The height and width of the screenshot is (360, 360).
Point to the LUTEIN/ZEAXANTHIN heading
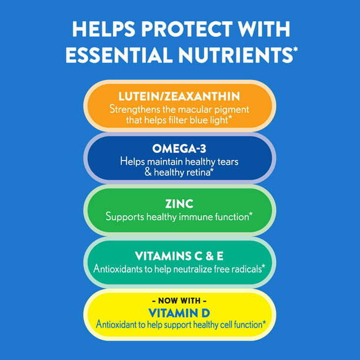coord(179,97)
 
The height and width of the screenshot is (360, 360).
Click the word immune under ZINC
coord(198,217)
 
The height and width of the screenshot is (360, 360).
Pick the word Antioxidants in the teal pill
coord(118,268)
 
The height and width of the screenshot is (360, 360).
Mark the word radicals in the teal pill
coord(243,268)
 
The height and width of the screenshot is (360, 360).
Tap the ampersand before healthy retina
coord(147,172)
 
